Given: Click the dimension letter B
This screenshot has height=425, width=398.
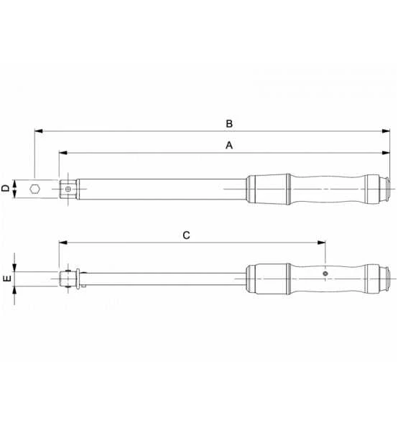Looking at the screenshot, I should click(x=229, y=123).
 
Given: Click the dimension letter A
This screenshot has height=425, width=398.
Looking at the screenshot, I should click(x=229, y=145).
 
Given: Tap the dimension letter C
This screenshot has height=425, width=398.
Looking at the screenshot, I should click(x=186, y=235).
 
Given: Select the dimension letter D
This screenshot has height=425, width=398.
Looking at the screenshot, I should click(x=6, y=188).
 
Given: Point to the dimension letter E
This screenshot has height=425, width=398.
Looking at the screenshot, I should click(x=7, y=279).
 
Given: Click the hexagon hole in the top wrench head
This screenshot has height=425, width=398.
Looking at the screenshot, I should click(x=34, y=189).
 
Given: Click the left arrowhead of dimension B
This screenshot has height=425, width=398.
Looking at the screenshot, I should click(x=37, y=131).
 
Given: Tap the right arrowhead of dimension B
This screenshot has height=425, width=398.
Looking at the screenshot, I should click(x=385, y=131).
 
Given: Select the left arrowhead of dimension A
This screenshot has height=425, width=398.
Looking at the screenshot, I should click(x=63, y=153).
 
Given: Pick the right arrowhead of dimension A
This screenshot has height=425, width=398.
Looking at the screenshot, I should click(x=385, y=153).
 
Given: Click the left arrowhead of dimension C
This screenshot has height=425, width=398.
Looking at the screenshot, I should click(x=63, y=243).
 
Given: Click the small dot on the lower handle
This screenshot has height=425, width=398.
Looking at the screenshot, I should click(x=325, y=274).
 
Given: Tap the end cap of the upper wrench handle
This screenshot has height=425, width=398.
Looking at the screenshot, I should click(x=389, y=189).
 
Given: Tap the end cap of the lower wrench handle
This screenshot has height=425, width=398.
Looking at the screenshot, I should click(x=389, y=278).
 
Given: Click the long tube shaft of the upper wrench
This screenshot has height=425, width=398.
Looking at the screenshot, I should click(x=158, y=189).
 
